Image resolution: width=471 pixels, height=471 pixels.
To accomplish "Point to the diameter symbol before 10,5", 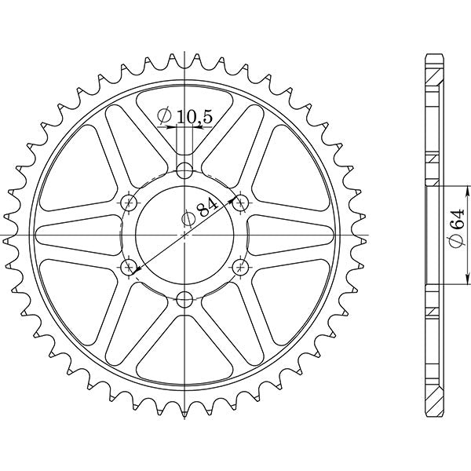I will pos(165,117).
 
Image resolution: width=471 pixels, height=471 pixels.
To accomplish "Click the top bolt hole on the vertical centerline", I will pos(184,170).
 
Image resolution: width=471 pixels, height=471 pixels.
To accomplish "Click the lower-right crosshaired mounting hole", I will pos(240,267).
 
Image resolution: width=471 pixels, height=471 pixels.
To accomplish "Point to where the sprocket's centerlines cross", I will pos(184,235).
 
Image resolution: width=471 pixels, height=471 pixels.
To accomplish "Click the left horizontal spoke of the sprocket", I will pos(78,235).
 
